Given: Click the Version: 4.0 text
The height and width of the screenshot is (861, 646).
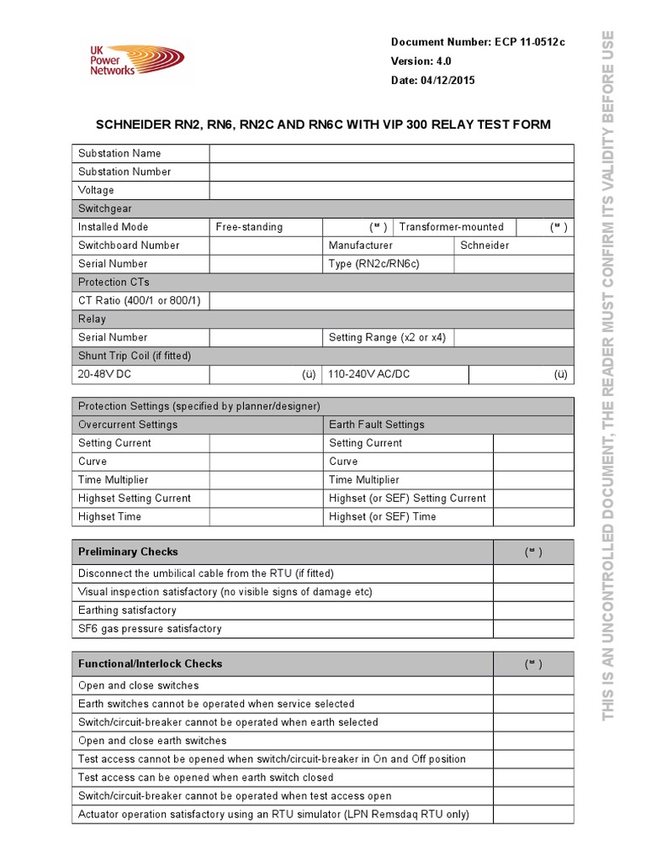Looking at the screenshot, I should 421,61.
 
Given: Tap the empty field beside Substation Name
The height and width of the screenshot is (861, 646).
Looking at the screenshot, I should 391,153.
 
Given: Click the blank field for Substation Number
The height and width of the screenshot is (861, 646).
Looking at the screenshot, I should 391,172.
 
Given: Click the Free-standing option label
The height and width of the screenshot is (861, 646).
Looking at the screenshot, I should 249,227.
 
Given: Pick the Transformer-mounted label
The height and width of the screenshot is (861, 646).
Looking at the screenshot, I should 451,227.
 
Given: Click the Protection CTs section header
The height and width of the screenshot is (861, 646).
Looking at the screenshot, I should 114,283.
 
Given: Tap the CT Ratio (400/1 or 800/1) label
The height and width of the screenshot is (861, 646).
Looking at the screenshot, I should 133,301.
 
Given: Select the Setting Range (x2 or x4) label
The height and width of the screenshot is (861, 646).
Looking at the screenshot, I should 387,338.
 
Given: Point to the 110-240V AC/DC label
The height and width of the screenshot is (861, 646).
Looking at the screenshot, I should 369,374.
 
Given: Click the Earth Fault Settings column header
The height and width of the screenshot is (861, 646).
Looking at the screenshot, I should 377,425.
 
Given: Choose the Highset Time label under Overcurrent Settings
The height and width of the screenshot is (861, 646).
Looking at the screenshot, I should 109,517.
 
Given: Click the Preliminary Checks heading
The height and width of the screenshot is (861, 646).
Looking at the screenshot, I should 128,552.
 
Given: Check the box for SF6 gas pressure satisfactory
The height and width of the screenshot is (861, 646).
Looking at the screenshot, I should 533,629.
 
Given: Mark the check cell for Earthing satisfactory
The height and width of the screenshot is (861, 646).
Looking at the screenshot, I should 533,610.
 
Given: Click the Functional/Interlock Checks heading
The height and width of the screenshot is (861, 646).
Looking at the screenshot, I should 150,664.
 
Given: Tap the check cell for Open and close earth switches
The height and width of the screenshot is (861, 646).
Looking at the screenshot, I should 533,741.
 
